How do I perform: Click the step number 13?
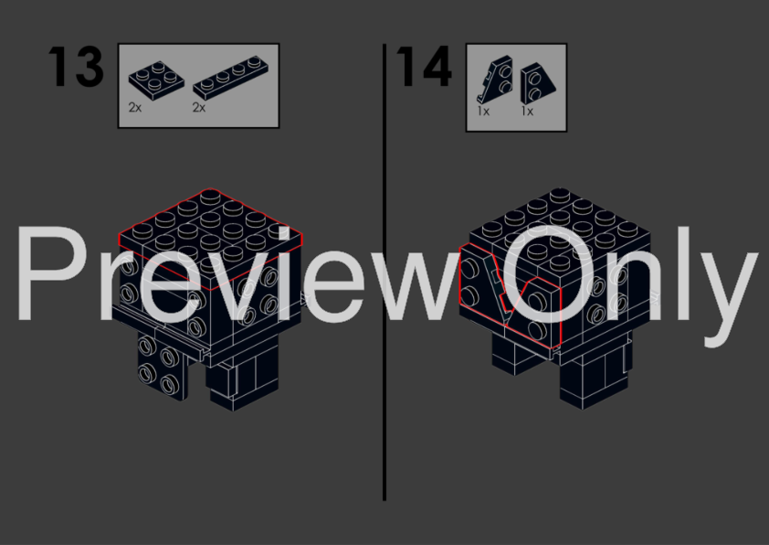tap(76, 67)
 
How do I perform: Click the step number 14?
tap(424, 67)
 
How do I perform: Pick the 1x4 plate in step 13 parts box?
tap(231, 78)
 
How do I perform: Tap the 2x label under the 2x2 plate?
tap(135, 108)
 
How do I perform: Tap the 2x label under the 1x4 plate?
tap(198, 108)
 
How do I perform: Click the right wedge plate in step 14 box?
tap(538, 82)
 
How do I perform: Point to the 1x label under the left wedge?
tap(483, 112)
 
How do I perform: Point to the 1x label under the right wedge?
tap(527, 112)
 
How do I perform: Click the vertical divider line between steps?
tap(384, 272)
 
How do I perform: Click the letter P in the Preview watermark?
tap(51, 273)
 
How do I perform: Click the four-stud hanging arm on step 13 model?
tap(161, 364)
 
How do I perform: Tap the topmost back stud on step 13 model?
tap(210, 197)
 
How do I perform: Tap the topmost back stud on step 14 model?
tap(559, 196)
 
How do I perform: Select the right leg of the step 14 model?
tap(594, 374)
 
